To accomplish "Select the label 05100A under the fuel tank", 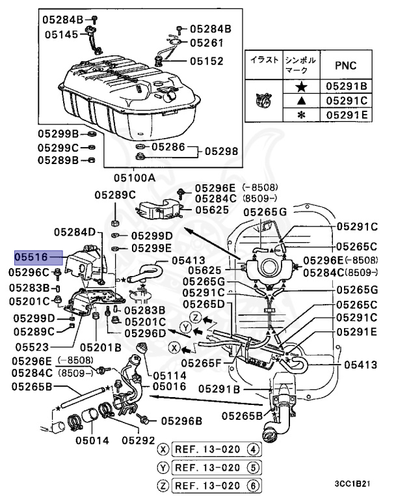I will (135, 177).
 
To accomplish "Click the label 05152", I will (206, 61).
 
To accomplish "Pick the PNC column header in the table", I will (345, 66).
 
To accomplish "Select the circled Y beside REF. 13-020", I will (163, 467).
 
